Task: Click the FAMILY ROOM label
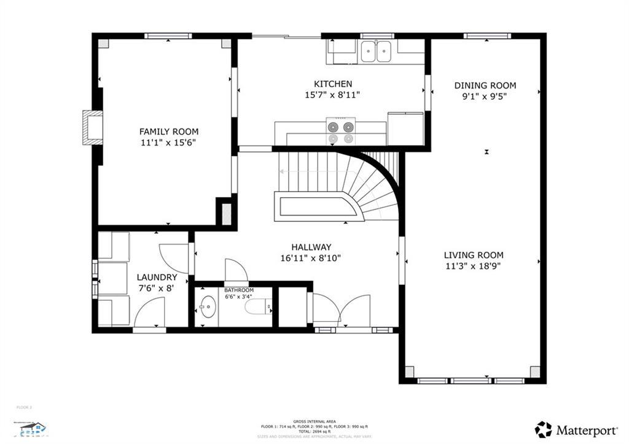(x=168, y=131)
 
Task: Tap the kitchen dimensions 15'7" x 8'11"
(x=332, y=95)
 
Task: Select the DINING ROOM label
(x=485, y=85)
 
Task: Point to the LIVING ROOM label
(x=474, y=255)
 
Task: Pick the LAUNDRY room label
(x=157, y=278)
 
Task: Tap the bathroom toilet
(x=258, y=306)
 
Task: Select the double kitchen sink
(x=377, y=52)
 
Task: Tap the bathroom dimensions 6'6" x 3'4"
(x=238, y=297)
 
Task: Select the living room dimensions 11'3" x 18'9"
(x=474, y=267)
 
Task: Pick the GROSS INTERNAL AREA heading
(x=314, y=421)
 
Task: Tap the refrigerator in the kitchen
(x=405, y=128)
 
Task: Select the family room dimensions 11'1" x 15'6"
(x=168, y=142)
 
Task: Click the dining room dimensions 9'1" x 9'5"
(x=485, y=96)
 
